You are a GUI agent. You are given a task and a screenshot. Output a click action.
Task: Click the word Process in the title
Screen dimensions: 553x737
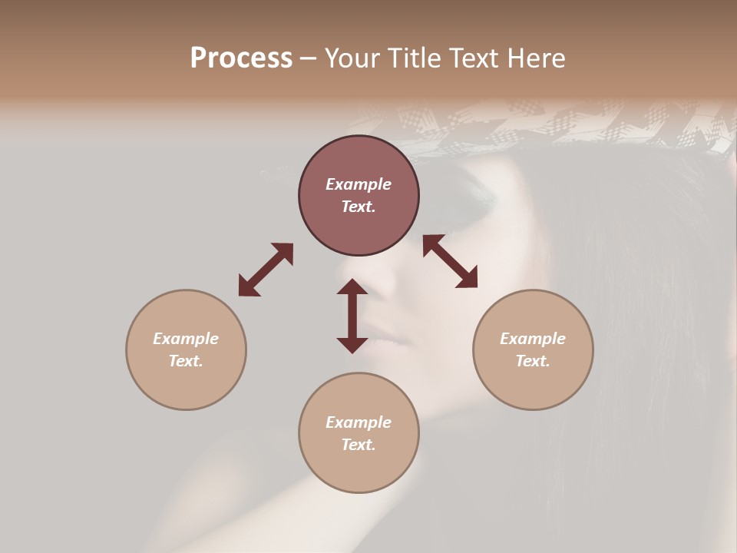click(x=241, y=58)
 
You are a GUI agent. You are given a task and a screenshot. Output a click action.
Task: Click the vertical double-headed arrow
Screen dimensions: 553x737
click(x=352, y=316)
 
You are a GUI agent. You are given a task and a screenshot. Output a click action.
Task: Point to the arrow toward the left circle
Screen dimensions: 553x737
click(x=266, y=270)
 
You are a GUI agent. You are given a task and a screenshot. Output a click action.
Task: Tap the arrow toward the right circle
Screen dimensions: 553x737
click(x=450, y=261)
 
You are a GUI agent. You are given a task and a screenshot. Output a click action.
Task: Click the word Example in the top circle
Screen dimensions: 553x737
click(x=359, y=184)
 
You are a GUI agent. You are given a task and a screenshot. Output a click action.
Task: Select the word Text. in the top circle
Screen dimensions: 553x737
click(x=359, y=207)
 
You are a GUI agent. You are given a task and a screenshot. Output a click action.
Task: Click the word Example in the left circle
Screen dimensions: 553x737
click(x=186, y=339)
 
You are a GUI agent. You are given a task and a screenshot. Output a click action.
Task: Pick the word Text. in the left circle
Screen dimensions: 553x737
click(x=186, y=361)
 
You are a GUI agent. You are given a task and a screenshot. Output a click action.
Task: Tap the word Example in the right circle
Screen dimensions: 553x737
click(x=533, y=339)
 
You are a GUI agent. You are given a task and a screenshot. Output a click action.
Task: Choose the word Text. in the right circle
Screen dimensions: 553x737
click(x=533, y=361)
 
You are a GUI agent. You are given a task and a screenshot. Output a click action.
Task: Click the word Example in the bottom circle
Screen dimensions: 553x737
click(x=359, y=422)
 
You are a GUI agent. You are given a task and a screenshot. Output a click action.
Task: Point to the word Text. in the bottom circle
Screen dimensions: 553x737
click(x=359, y=445)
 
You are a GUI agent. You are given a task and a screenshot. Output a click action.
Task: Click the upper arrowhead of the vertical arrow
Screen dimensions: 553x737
click(x=352, y=287)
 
